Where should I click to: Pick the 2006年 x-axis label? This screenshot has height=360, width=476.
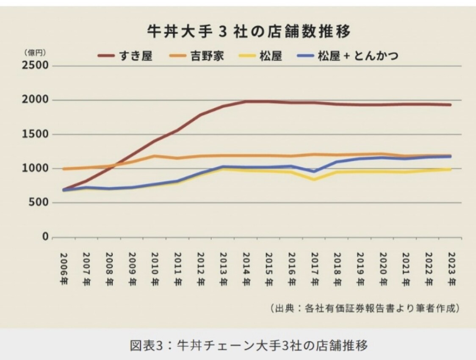(64, 269)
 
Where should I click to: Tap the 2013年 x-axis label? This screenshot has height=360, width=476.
(224, 269)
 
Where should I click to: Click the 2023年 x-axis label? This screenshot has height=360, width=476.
(451, 269)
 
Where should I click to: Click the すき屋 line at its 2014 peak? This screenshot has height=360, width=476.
(246, 102)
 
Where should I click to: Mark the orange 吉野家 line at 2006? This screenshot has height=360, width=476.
(64, 169)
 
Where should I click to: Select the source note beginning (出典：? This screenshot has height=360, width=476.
(365, 308)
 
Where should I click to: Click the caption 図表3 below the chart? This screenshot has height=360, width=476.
(249, 345)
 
